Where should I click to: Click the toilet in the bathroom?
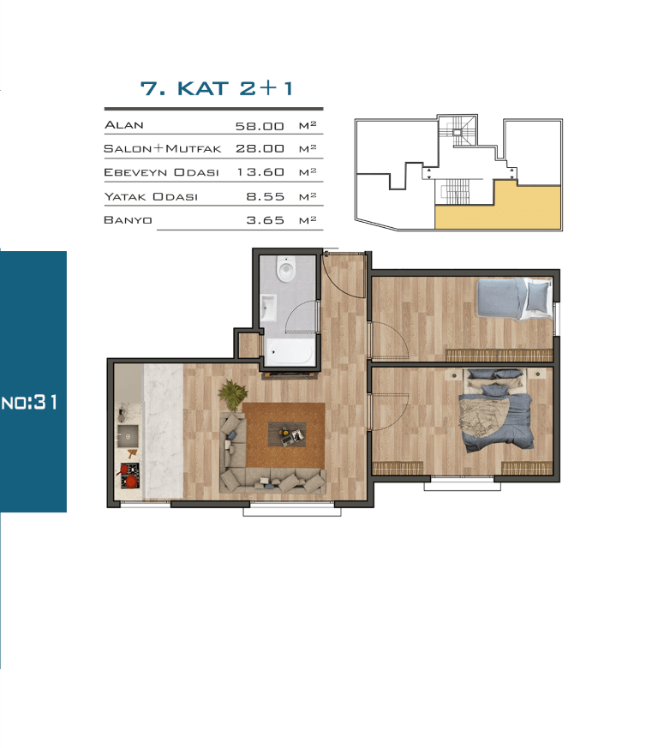(x=286, y=270)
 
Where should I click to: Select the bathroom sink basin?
(x=268, y=308)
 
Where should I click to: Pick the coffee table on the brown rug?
(x=287, y=434)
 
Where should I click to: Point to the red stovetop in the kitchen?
(x=129, y=476)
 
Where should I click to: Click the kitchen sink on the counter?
(x=128, y=436)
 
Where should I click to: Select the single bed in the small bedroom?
(x=514, y=299)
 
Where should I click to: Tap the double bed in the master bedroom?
(x=496, y=410)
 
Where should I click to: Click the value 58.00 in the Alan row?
(x=260, y=127)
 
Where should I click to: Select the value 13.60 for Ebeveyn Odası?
(x=260, y=172)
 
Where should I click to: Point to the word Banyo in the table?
(x=128, y=220)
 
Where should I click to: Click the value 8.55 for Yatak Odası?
(x=266, y=196)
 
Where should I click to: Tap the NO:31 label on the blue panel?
(x=30, y=403)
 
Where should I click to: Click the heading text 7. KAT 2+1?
(x=217, y=88)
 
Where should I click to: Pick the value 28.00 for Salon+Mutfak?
(x=260, y=149)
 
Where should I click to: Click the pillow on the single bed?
(x=538, y=296)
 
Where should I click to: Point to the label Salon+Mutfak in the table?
(x=162, y=149)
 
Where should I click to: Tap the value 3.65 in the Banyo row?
(x=266, y=220)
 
